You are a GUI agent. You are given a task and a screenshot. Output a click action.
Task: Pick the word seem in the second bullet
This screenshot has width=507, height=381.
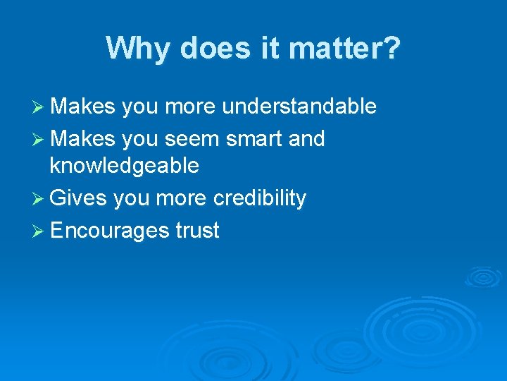196,139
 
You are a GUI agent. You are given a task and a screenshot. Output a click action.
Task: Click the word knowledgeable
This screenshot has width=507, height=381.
124,166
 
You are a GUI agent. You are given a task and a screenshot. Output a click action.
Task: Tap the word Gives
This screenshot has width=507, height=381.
78,199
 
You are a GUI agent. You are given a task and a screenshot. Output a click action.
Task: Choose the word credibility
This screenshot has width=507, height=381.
260,199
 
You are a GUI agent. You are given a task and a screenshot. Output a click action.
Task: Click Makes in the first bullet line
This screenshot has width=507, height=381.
82,107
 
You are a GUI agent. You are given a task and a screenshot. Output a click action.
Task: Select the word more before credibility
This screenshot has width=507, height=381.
181,199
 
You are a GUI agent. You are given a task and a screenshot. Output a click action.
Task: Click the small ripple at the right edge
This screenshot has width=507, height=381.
483,277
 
